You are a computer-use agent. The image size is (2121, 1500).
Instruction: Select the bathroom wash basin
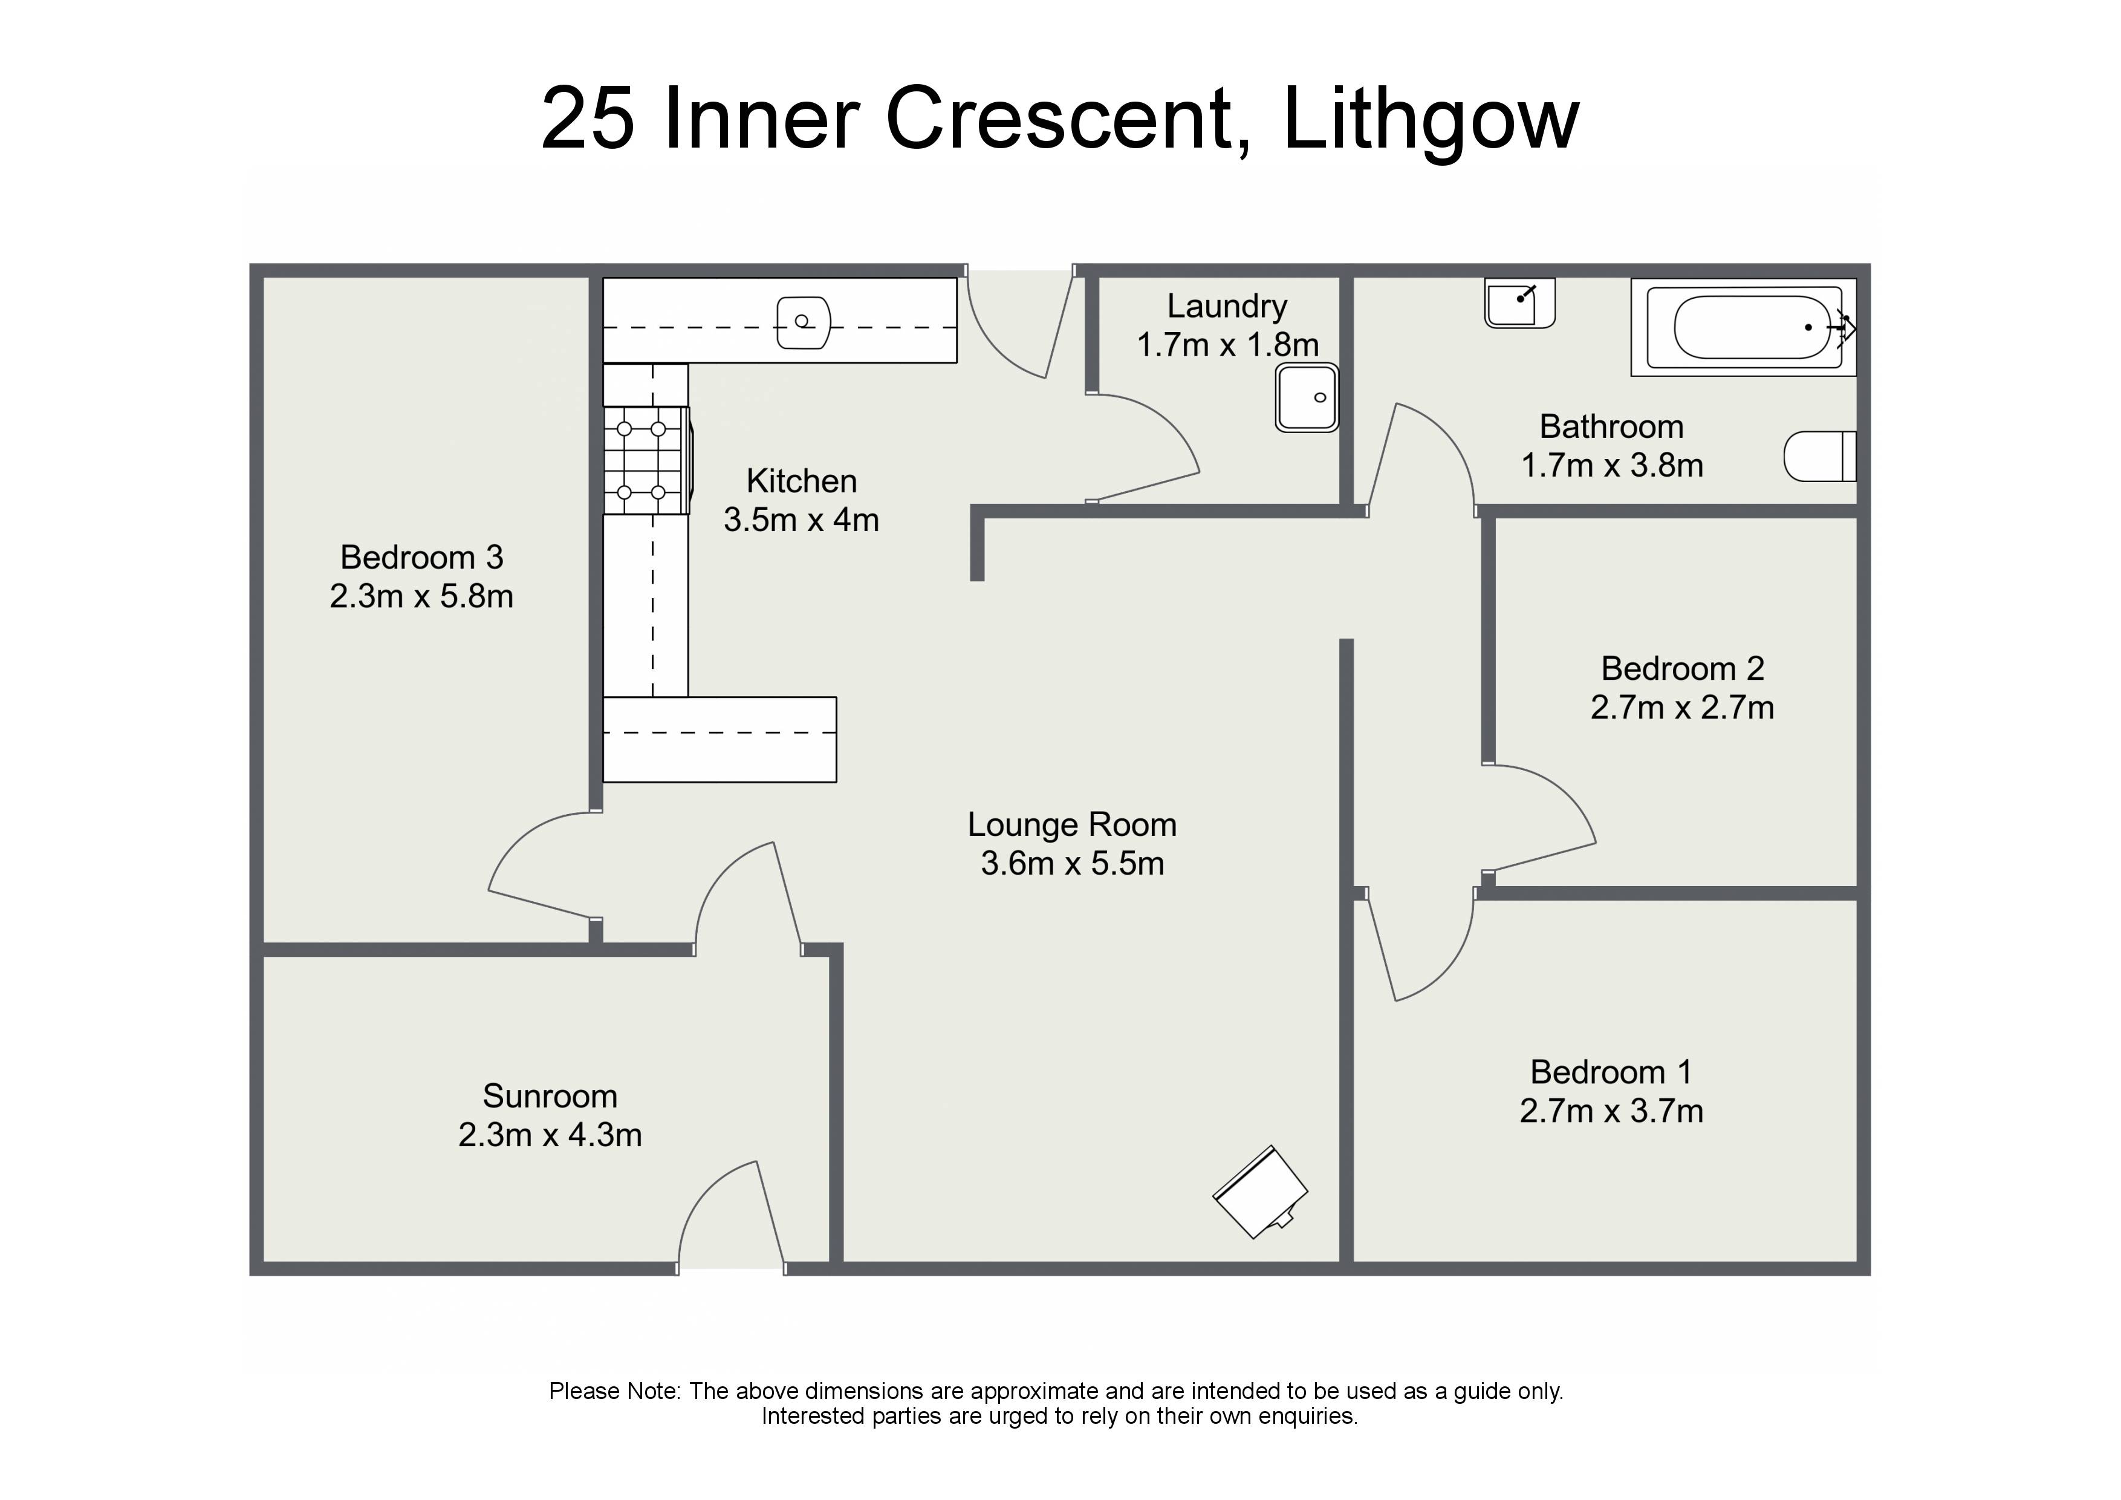1519,303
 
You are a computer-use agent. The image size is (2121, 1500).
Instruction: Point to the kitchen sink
803,322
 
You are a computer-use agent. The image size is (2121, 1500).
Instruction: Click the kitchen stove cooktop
647,460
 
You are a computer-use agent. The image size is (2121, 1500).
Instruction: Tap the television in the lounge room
1260,1192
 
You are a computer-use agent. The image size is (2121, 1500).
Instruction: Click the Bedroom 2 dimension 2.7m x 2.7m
1682,708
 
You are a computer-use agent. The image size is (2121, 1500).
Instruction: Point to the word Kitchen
801,481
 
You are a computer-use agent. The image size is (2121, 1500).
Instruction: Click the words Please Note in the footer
614,1392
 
